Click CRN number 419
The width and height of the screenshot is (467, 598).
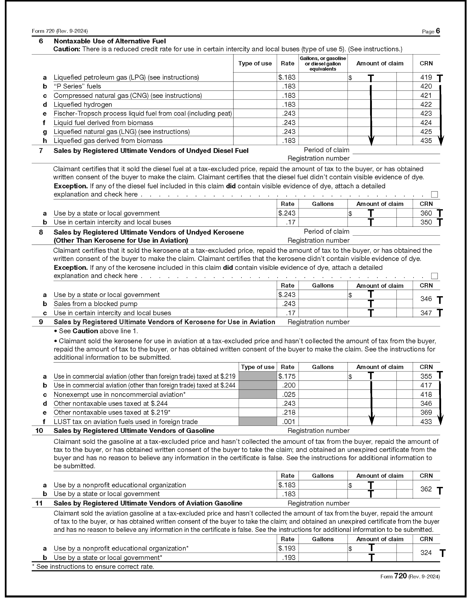click(x=426, y=78)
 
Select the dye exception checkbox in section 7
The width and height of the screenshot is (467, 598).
click(x=434, y=195)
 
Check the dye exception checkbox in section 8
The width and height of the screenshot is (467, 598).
click(x=434, y=276)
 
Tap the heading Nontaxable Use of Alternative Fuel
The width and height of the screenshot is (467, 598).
click(x=110, y=41)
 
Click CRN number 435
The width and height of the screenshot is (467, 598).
click(x=426, y=141)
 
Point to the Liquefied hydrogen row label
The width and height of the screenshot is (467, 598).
click(x=83, y=104)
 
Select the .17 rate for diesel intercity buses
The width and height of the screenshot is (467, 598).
click(x=291, y=222)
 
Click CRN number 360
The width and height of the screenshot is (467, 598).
click(x=426, y=213)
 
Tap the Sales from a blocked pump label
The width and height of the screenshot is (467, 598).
click(x=95, y=304)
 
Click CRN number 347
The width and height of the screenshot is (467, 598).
click(x=426, y=313)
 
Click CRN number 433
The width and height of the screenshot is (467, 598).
click(x=426, y=422)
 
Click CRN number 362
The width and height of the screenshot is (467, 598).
click(x=426, y=489)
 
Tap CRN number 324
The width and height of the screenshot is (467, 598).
click(x=426, y=553)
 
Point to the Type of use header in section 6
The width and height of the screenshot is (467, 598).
click(x=255, y=63)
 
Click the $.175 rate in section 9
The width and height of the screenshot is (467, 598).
click(x=287, y=376)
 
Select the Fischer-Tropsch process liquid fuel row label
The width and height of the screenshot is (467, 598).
click(x=142, y=114)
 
